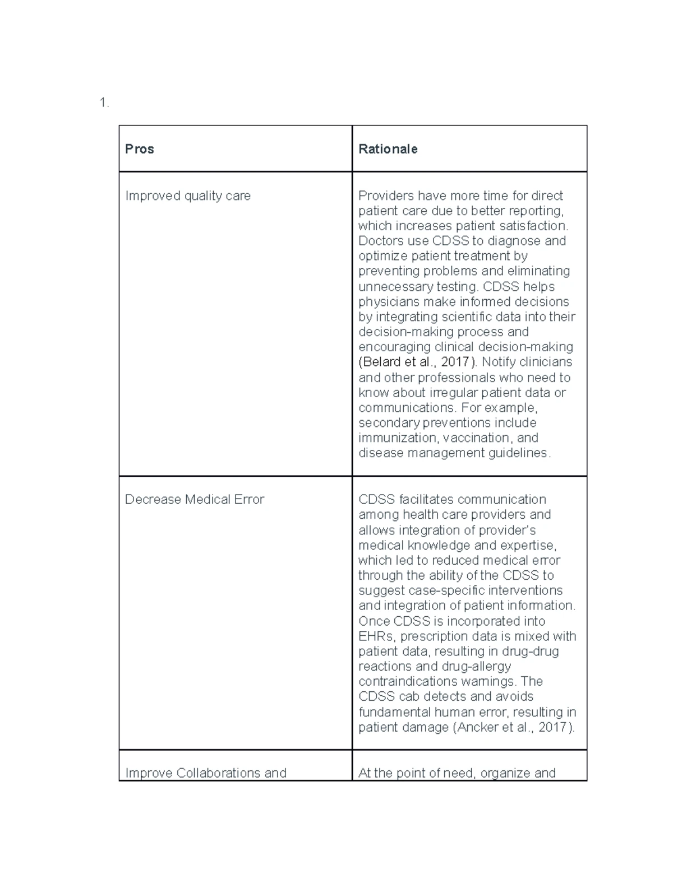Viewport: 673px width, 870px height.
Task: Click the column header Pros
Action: [x=140, y=149]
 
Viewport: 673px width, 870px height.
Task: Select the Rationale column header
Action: [x=388, y=149]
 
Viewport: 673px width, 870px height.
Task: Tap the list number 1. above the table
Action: [x=104, y=103]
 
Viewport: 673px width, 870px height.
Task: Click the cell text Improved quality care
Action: [x=188, y=196]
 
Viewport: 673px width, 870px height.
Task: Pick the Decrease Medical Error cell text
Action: [x=194, y=499]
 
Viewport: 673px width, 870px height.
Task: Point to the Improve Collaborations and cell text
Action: [x=205, y=773]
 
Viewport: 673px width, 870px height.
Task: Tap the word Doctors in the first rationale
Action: [x=381, y=241]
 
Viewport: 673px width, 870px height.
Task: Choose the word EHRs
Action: [x=377, y=636]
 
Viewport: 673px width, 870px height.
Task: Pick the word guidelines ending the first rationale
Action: [x=519, y=453]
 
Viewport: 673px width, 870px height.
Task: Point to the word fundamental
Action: [x=395, y=712]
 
